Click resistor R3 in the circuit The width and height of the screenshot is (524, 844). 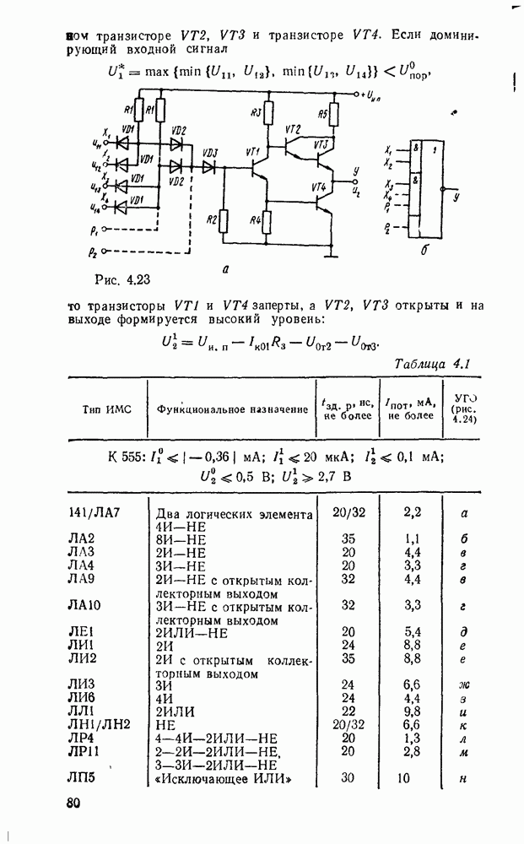[x=267, y=113]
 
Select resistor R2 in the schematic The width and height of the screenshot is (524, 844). [x=222, y=221]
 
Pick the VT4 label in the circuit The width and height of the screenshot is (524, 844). [x=318, y=187]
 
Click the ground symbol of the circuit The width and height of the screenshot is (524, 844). [x=334, y=252]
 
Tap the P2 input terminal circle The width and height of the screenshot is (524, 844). [x=105, y=252]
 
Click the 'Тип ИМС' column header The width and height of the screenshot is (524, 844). [x=103, y=408]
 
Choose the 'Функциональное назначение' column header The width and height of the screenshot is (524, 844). [x=232, y=409]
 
